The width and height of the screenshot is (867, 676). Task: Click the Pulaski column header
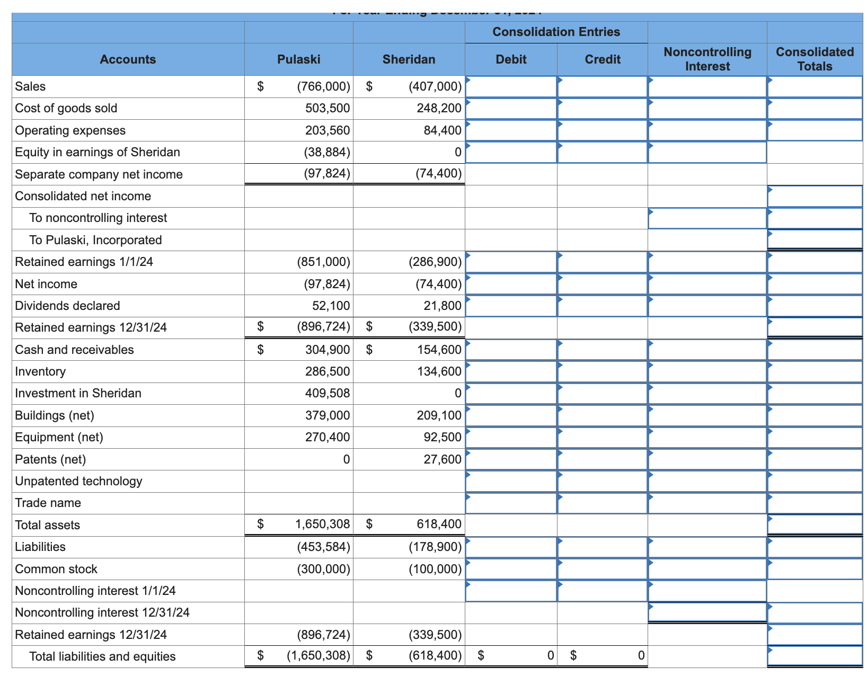point(298,59)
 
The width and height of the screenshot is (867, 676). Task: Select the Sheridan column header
point(409,59)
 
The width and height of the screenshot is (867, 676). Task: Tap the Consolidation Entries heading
point(556,32)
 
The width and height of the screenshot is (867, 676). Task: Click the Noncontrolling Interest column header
point(707,59)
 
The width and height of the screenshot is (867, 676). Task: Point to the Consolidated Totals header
point(815,59)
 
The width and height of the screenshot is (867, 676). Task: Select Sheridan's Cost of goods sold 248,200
point(439,109)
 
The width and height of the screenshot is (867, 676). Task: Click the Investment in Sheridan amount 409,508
point(327,393)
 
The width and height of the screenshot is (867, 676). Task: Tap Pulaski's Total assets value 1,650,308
point(322,524)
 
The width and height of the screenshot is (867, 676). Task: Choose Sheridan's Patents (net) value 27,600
point(442,459)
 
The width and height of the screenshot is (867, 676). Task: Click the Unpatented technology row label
point(78,481)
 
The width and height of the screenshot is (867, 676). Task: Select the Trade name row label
point(48,503)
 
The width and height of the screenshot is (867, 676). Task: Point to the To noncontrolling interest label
point(98,218)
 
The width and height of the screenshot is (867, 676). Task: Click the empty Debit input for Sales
point(511,86)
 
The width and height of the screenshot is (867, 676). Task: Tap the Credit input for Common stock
point(602,569)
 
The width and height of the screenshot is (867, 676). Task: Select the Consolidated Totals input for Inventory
point(815,371)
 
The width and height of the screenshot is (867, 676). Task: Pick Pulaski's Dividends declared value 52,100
point(331,306)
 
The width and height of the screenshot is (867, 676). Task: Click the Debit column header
point(511,59)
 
